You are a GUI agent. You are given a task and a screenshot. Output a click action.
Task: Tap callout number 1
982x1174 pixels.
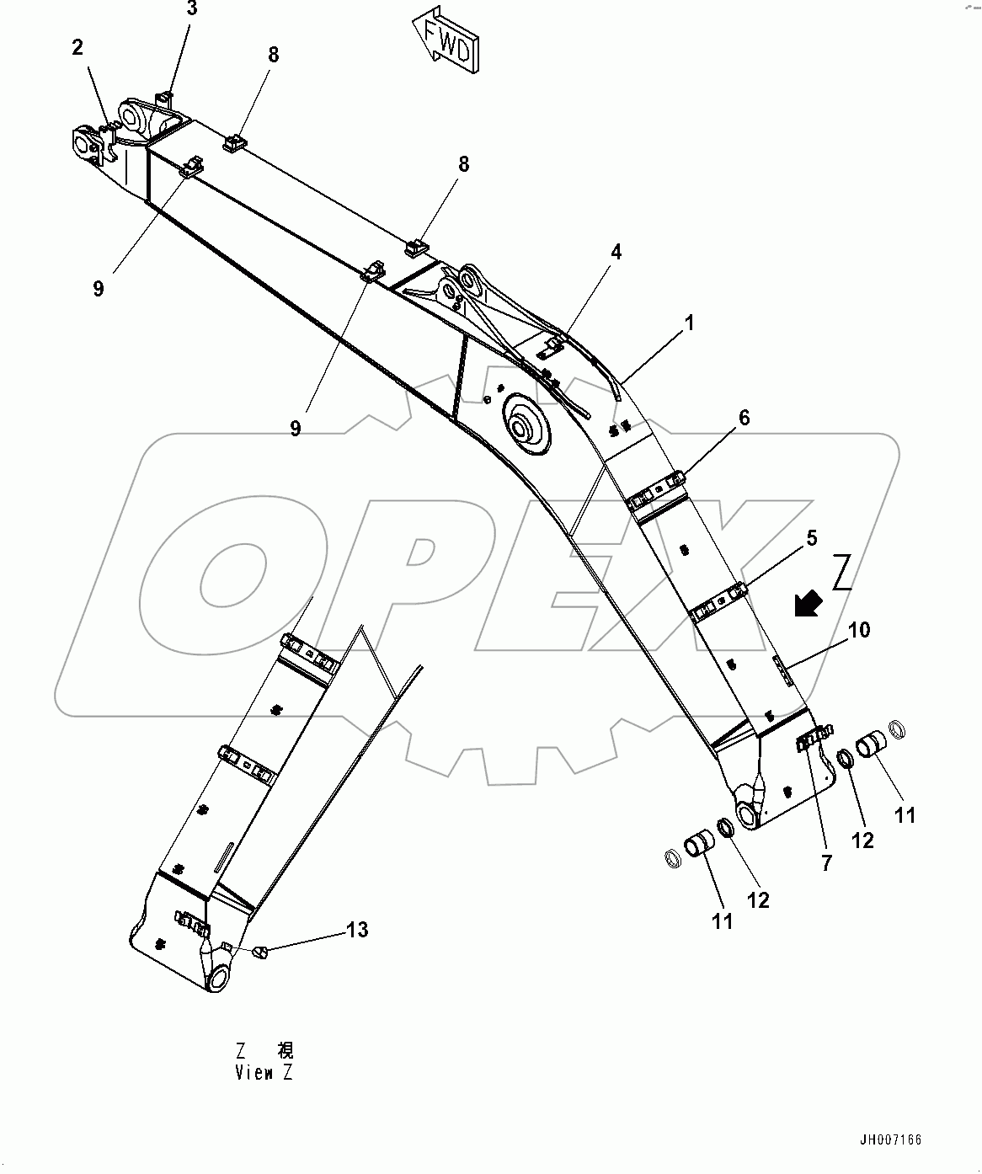[689, 323]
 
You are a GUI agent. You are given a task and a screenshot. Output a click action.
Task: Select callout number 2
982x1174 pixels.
[77, 48]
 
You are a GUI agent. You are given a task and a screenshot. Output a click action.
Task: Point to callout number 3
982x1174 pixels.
[192, 9]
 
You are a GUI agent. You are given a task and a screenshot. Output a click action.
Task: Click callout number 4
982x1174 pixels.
[616, 251]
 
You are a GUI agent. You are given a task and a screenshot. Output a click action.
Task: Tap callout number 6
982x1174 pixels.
[744, 418]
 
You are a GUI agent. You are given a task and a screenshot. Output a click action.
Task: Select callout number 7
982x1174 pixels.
[826, 862]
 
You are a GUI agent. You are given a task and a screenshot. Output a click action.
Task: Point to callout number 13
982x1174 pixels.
[357, 930]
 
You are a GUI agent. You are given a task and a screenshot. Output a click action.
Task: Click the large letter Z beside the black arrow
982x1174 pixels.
[842, 573]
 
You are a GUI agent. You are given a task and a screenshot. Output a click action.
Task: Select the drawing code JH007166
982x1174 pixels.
[890, 1140]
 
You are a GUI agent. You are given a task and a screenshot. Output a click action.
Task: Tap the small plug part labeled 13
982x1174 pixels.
[260, 952]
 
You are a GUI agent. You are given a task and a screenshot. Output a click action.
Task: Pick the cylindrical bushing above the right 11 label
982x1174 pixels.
[872, 746]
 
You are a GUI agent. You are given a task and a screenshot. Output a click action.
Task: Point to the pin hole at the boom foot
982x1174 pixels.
[747, 813]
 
